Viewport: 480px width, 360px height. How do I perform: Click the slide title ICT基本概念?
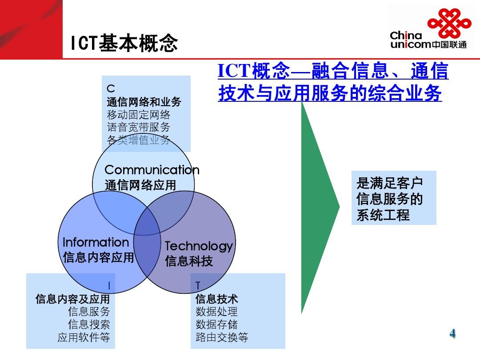[124, 43]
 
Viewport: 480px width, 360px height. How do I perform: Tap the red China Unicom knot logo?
[449, 23]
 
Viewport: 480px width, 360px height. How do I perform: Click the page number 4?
[453, 333]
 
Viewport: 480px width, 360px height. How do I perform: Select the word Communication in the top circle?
[152, 170]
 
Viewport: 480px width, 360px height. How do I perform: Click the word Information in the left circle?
[96, 242]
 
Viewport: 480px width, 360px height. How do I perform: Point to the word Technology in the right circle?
[199, 246]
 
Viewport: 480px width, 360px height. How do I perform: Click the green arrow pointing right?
[320, 207]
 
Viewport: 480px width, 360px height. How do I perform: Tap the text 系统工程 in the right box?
[383, 215]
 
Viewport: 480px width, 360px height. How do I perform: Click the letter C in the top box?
[111, 89]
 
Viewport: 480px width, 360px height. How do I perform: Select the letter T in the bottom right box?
[198, 286]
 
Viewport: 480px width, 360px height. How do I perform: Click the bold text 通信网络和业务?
[144, 102]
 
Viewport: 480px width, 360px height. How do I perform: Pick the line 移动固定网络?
[138, 115]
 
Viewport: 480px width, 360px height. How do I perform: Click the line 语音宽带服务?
[138, 127]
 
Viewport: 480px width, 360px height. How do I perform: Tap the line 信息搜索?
[89, 324]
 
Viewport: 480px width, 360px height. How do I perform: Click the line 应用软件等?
[84, 337]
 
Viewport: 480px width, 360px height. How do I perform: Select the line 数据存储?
[216, 324]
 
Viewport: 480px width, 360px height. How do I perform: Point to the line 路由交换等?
[222, 337]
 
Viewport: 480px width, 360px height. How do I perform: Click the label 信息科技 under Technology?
[189, 261]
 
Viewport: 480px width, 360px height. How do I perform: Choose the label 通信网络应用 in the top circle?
[140, 185]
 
